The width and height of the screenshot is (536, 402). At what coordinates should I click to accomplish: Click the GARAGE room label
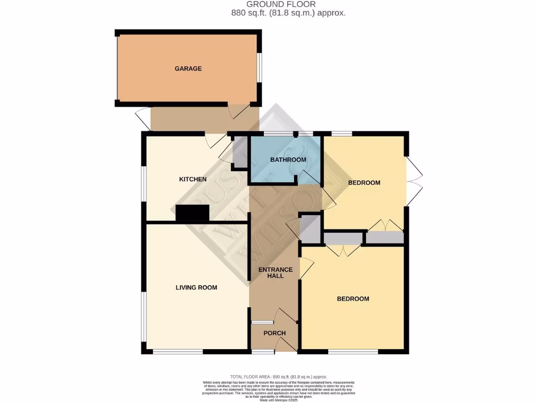[x=188, y=69]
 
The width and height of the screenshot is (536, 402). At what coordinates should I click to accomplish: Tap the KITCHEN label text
[x=193, y=180]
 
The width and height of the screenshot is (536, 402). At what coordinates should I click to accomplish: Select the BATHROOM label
[x=287, y=160]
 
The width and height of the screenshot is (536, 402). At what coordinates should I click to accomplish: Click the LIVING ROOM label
[x=196, y=287]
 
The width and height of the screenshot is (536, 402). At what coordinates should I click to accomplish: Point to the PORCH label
[x=274, y=333]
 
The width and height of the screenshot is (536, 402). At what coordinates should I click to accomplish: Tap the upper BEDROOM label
[x=364, y=183]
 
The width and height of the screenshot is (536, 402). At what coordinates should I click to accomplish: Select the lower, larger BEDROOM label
[x=352, y=299]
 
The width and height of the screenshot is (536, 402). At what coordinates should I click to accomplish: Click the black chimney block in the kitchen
[x=192, y=213]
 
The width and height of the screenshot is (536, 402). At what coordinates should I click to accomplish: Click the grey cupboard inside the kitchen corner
[x=240, y=152]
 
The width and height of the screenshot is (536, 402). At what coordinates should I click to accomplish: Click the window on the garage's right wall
[x=259, y=68]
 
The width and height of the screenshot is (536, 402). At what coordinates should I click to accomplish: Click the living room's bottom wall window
[x=177, y=352]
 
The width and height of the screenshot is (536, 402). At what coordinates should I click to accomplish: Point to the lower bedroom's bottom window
[x=353, y=352]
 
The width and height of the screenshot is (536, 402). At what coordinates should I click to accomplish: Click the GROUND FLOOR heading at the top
[x=288, y=4]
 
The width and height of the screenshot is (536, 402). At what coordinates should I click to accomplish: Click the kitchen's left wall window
[x=143, y=183]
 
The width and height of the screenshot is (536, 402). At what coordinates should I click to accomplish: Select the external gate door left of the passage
[x=142, y=117]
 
